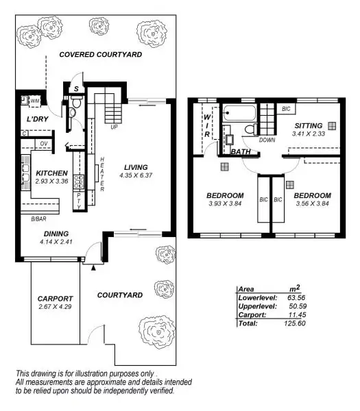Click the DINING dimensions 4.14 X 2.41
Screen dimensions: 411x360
pyautogui.click(x=57, y=242)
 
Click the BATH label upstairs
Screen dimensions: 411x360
pyautogui.click(x=240, y=151)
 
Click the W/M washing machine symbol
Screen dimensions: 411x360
pyautogui.click(x=34, y=101)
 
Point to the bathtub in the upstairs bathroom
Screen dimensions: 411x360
pyautogui.click(x=237, y=112)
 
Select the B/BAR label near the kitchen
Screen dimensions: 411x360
pyautogui.click(x=39, y=219)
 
